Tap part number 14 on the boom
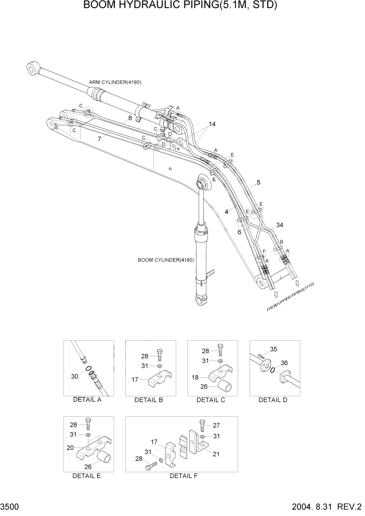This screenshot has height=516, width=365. click(212, 124)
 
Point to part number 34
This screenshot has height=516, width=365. click(280, 225)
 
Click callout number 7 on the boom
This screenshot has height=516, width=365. click(98, 139)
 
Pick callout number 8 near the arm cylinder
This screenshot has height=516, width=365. click(129, 118)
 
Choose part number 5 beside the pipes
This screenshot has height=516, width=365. click(258, 183)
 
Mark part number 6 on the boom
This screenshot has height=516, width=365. click(239, 232)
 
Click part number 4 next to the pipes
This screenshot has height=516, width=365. click(226, 212)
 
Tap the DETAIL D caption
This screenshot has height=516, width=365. click(272, 400)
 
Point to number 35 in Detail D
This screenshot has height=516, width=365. click(274, 350)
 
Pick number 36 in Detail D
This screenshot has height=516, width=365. click(284, 363)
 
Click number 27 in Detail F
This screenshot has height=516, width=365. click(216, 425)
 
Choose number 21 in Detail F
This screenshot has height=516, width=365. click(216, 454)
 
